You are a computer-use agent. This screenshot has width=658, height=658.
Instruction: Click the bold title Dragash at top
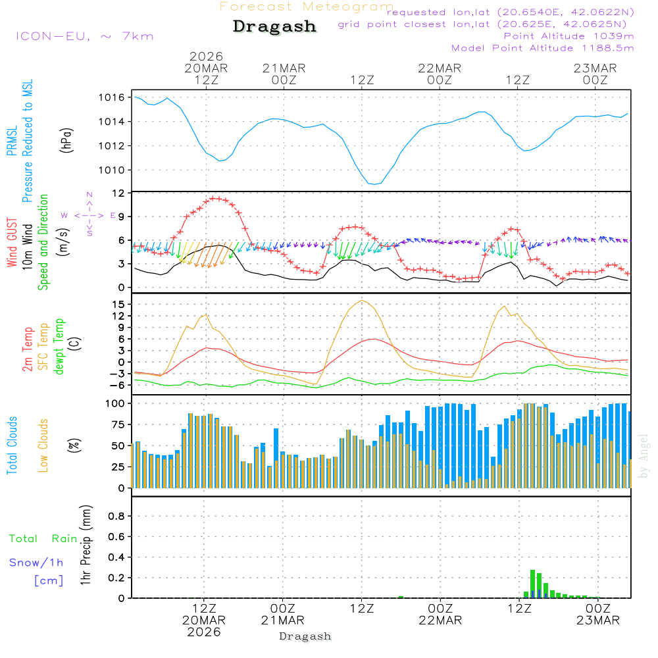[x=274, y=27]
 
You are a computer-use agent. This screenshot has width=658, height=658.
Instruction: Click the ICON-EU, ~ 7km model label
[x=84, y=36]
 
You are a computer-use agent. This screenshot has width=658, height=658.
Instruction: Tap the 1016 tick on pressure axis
[x=112, y=97]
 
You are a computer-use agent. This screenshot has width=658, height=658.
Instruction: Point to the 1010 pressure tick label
[x=112, y=170]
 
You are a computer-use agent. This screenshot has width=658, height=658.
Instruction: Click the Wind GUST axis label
[x=12, y=243]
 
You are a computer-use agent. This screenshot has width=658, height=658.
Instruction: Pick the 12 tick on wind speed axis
[x=118, y=193]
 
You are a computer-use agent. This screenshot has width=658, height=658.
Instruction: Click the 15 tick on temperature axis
[x=118, y=304]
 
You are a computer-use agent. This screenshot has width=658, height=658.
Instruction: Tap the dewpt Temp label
[x=59, y=347]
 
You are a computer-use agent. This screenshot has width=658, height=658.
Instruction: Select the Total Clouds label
[x=12, y=445]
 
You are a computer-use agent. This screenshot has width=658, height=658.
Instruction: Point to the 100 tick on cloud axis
[x=115, y=403]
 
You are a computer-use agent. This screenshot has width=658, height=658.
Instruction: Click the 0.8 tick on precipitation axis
[x=116, y=517]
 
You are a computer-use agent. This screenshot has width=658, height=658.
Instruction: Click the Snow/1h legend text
[x=37, y=563]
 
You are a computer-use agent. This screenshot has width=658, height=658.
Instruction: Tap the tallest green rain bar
[x=532, y=584]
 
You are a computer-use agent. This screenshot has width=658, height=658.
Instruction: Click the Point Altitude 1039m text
[x=569, y=36]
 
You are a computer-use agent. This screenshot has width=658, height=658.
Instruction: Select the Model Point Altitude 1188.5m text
[x=543, y=48]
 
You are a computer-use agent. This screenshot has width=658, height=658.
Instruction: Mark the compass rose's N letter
[x=89, y=195]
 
